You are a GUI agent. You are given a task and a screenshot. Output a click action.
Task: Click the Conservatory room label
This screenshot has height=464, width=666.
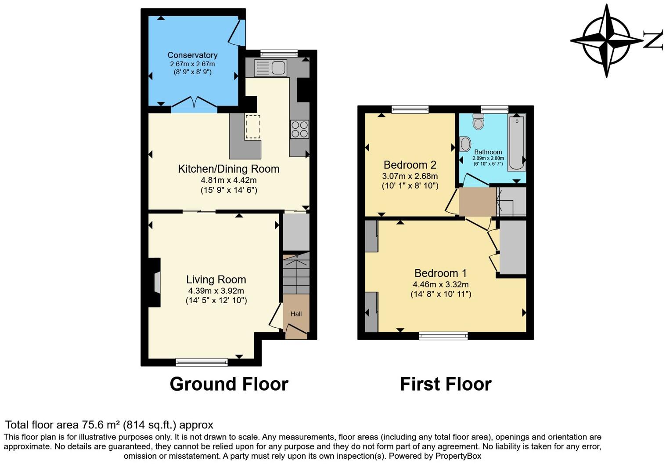click(192, 55)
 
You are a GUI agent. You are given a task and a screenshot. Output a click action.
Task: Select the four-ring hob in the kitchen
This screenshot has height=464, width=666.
click(299, 129)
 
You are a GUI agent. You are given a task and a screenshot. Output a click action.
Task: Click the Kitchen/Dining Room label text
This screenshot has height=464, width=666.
click(228, 169)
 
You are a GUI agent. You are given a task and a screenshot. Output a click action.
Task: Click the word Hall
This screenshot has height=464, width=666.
click(296, 314)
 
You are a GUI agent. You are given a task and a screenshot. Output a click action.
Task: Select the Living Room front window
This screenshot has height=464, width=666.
click(202, 362)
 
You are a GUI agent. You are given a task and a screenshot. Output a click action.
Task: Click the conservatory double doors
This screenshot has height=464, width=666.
click(194, 103)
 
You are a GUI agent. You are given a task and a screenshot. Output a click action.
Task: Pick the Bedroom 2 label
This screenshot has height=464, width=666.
click(410, 165)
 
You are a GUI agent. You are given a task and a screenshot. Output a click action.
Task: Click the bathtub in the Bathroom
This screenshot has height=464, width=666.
click(516, 143)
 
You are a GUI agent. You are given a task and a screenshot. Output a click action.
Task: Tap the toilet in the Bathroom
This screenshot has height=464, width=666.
click(478, 122)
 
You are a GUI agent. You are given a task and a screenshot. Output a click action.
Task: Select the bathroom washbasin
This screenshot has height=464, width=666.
click(465, 143)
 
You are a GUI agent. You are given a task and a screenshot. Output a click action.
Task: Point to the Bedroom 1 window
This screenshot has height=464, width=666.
click(443, 336)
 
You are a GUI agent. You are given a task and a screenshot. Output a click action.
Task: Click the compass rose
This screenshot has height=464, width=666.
click(607, 40)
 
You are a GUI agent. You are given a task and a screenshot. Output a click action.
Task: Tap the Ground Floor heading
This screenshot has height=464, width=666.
click(229, 384)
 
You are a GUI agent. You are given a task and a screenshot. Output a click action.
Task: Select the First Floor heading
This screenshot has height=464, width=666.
click(445, 384)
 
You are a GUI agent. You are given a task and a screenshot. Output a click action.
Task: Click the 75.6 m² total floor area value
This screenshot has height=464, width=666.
click(101, 425)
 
